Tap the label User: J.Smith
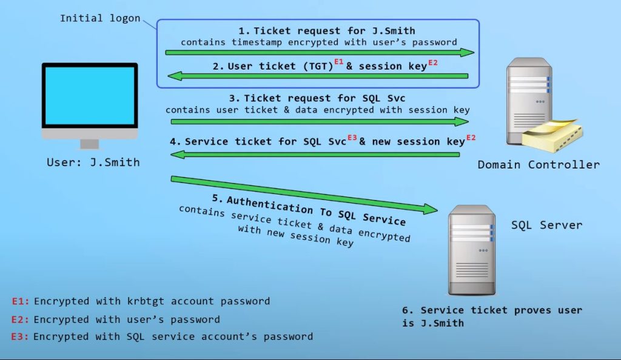[x=93, y=162]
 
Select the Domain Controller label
[x=539, y=165]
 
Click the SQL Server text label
[x=546, y=225]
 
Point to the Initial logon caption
[x=99, y=18]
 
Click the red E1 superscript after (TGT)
[x=339, y=62]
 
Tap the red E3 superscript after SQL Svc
[x=352, y=138]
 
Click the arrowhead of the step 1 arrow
[x=468, y=53]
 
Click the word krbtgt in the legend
[x=157, y=301]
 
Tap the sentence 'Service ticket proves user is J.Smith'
[x=492, y=316]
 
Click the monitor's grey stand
[x=90, y=144]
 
